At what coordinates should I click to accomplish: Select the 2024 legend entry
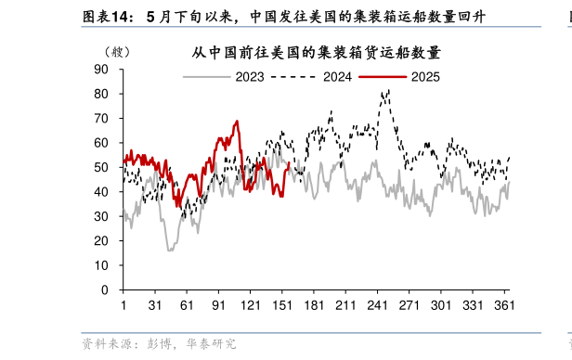[x=321, y=76]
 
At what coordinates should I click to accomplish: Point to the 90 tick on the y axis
[x=101, y=70]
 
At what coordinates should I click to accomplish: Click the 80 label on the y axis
[x=101, y=94]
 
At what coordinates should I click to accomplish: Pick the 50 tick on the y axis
[x=101, y=167]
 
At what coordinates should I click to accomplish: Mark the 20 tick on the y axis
[x=101, y=241]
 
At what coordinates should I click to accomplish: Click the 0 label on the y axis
[x=105, y=289]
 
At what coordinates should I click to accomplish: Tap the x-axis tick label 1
[x=123, y=304]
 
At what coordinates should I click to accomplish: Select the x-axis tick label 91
[x=219, y=304]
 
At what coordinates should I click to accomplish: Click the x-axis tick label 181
[x=315, y=304]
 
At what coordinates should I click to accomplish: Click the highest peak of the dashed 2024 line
[x=387, y=90]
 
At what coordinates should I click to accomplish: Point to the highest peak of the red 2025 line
[x=237, y=121]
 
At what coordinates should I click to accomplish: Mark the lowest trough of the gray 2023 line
[x=170, y=251]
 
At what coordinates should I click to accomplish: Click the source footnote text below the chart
[x=159, y=343]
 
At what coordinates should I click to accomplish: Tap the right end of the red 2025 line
[x=289, y=164]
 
